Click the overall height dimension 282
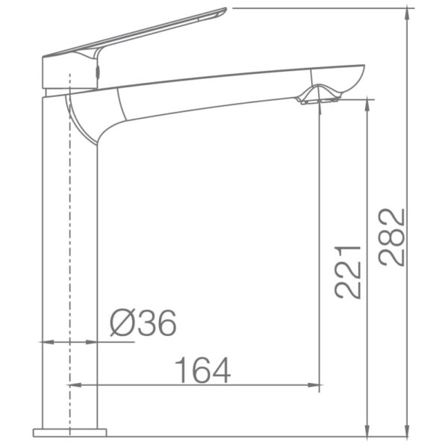point(393,237)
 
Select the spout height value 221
point(349,271)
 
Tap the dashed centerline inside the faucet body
point(69,261)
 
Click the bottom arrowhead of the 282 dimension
point(408,430)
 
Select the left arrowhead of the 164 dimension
point(75,385)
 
